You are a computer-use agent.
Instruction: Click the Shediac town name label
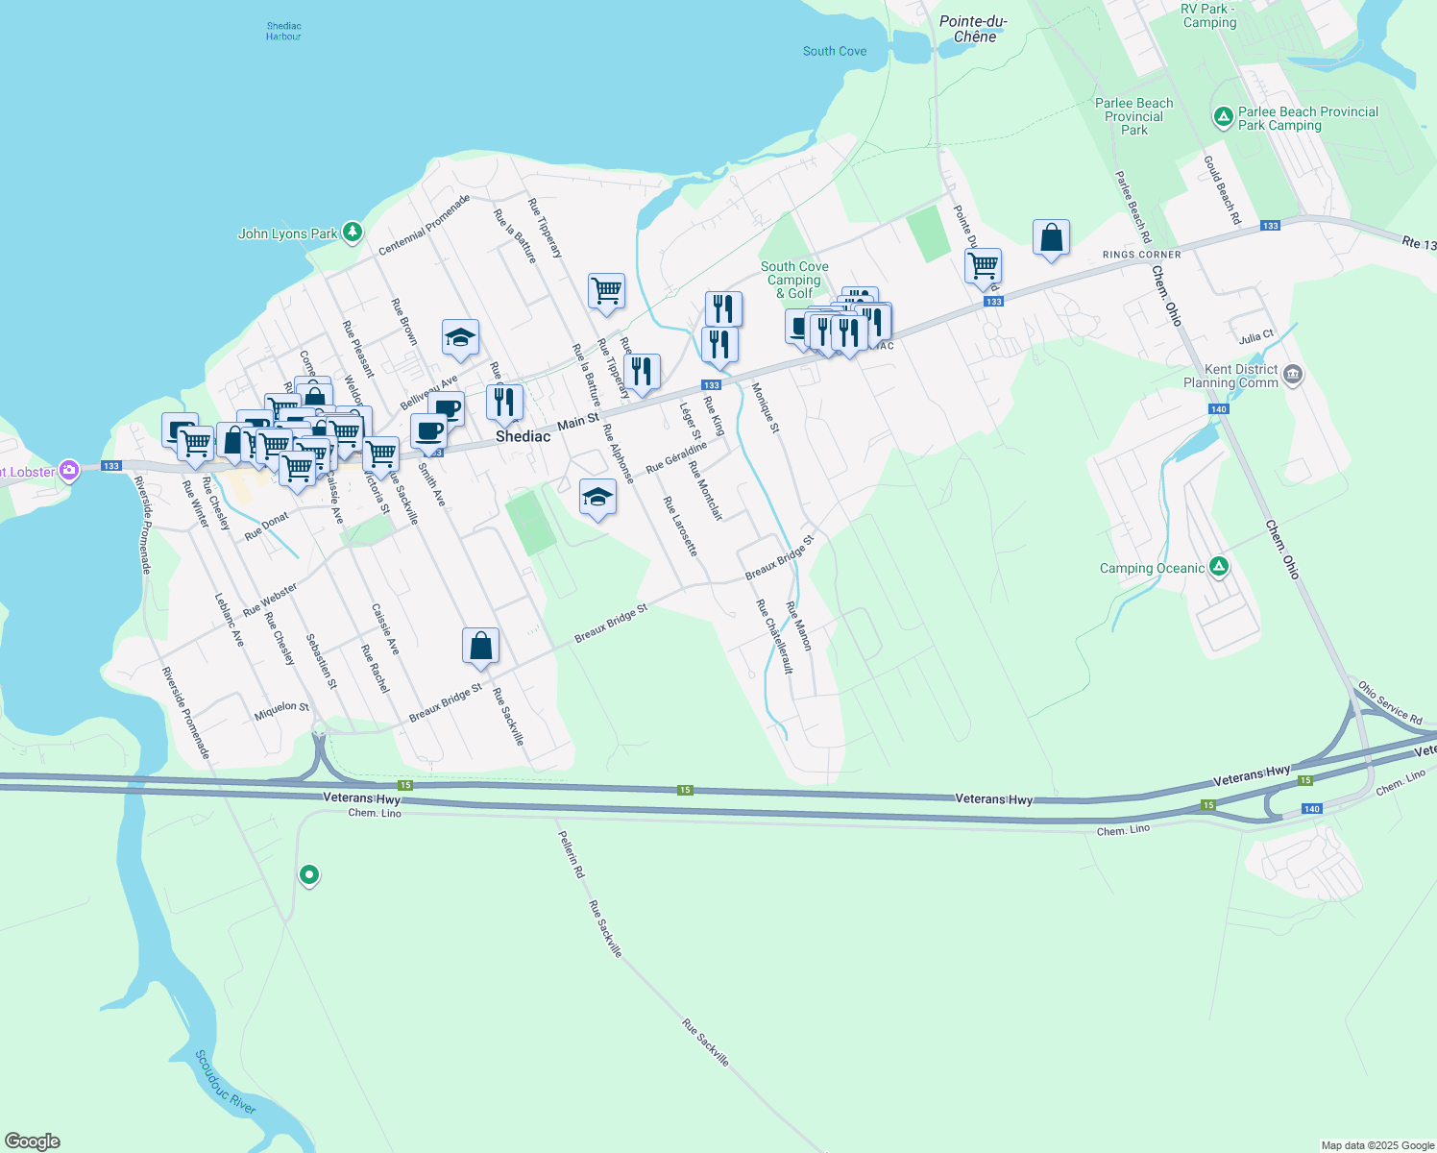coord(523,436)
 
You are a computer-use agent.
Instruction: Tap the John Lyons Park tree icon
coord(353,232)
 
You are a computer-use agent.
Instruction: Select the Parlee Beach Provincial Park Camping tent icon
coord(1223,117)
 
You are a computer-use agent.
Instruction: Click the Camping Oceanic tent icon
coord(1219,567)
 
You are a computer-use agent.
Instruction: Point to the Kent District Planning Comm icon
coord(1293,374)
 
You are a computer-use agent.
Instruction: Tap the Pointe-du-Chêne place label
coord(973,29)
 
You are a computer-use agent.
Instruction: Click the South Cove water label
coord(834,51)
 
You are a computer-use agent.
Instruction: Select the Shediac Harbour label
coord(283,32)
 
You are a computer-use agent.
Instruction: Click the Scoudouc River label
coord(226,1082)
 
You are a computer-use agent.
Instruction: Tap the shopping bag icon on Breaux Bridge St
coord(480,647)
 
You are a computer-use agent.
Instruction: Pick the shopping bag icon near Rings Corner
coord(1051,237)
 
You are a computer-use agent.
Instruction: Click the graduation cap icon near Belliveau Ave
coord(460,337)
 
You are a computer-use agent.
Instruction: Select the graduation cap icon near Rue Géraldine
coord(597,498)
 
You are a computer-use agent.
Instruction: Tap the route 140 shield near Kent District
coord(1218,409)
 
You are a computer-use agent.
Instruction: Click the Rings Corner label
coord(1141,255)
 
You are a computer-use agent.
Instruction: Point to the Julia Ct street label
coord(1256,337)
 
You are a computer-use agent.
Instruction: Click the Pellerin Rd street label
coord(571,854)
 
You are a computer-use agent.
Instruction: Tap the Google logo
coord(33,1141)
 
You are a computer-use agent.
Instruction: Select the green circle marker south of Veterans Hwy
coord(309,874)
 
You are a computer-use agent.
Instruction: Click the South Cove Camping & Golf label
coord(794,280)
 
